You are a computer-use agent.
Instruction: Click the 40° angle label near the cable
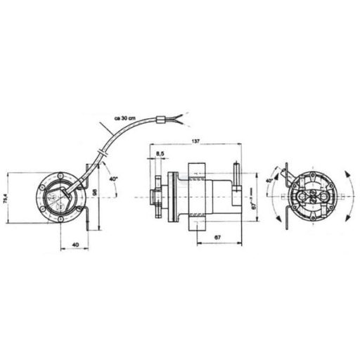(x=113, y=179)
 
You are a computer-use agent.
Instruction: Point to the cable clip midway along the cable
(x=104, y=150)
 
